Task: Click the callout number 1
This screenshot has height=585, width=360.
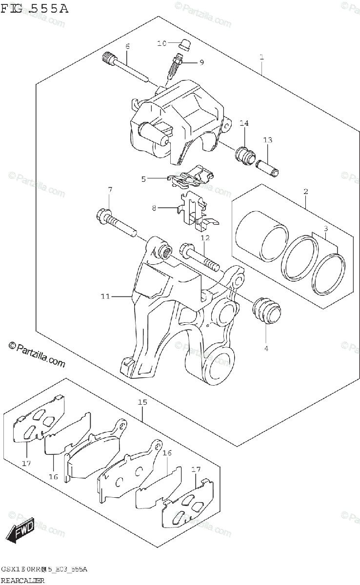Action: point(262,58)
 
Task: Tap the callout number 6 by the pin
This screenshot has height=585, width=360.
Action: point(127,47)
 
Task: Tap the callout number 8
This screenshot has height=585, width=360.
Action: point(154,208)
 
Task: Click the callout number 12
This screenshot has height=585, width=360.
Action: point(204,238)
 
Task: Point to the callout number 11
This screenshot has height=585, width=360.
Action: point(106,296)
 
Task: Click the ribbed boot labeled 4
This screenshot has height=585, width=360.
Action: point(266,309)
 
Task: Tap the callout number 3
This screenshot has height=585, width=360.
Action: point(325,228)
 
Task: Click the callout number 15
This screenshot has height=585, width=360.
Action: point(142,402)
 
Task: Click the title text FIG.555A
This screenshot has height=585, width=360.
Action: point(35,8)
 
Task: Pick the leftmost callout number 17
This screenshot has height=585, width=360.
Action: point(26,463)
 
